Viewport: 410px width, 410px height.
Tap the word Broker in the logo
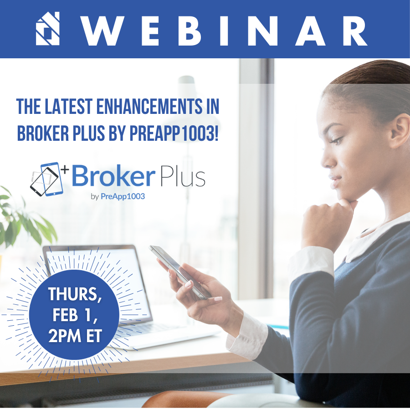(x=111, y=177)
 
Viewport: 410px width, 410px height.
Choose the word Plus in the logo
(x=182, y=177)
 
